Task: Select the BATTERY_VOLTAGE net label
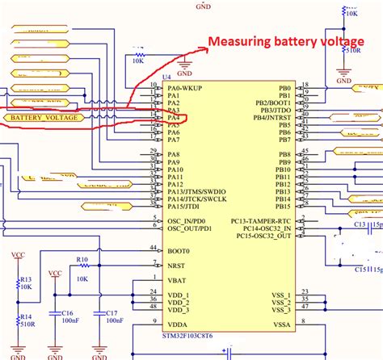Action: (x=42, y=118)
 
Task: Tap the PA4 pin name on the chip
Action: (x=173, y=118)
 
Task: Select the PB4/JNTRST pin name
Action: (x=271, y=118)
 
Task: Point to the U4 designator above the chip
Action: (x=167, y=79)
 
